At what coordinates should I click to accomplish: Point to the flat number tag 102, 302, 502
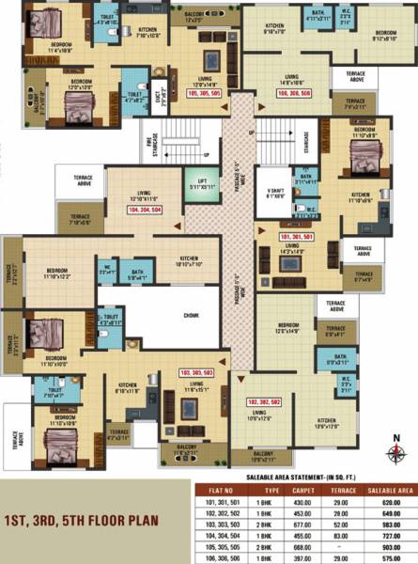[x=265, y=401]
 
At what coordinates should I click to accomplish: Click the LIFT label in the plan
[x=201, y=181]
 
